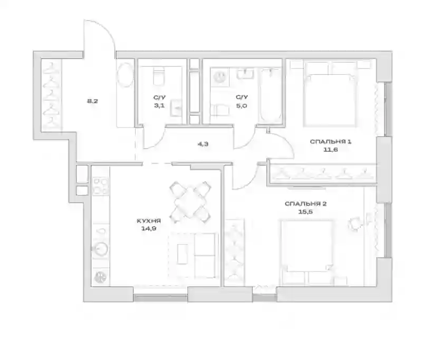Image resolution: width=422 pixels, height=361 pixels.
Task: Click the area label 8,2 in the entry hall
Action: (x=92, y=101)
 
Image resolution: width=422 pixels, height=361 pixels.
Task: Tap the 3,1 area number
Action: (x=159, y=105)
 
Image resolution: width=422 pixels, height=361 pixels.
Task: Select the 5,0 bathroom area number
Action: (x=242, y=105)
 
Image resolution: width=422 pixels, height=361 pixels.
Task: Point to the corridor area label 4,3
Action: (x=203, y=144)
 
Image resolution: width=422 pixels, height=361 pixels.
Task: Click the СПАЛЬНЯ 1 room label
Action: (x=331, y=142)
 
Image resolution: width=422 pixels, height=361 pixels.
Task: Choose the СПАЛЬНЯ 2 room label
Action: (x=305, y=204)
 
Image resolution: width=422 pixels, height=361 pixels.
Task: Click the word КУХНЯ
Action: (x=149, y=221)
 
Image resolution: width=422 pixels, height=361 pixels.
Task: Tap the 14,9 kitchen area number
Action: (x=149, y=229)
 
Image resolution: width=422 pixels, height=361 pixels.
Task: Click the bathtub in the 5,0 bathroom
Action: (x=270, y=95)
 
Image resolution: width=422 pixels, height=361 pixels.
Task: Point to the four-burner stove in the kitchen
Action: (x=101, y=186)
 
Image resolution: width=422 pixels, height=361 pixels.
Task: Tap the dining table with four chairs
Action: (x=190, y=202)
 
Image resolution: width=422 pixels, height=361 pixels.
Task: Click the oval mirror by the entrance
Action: (x=125, y=75)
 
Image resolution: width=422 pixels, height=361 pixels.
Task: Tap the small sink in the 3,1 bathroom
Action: (x=176, y=108)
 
